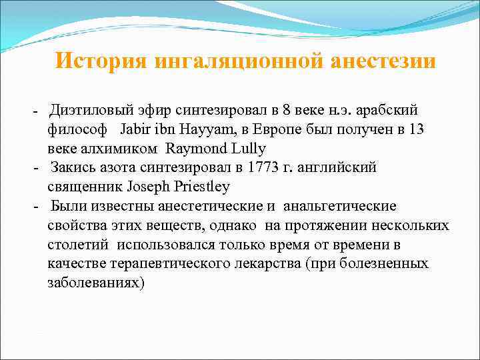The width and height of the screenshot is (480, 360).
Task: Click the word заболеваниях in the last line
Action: (x=95, y=283)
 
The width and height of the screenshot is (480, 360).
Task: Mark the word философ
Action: (x=77, y=129)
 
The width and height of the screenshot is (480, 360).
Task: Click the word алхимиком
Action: (x=119, y=148)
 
